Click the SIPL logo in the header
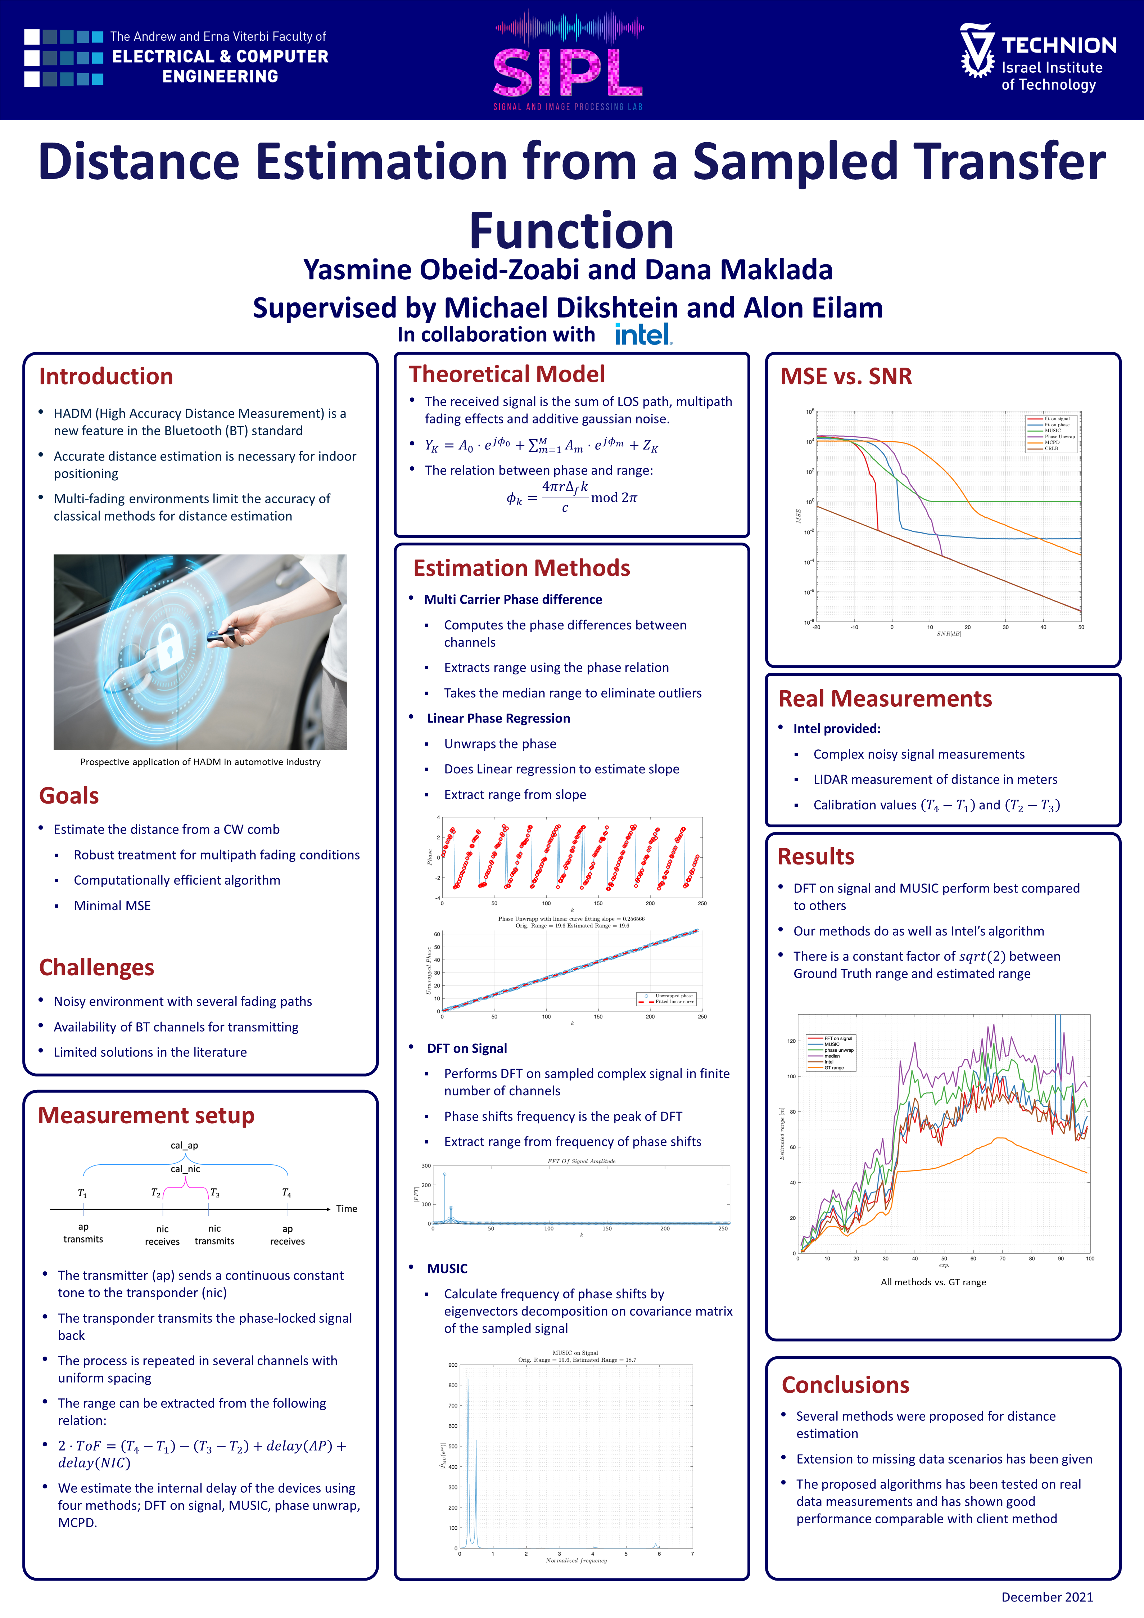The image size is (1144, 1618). coord(568,71)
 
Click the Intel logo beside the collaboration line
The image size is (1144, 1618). coord(643,334)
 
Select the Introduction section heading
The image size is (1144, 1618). coord(106,376)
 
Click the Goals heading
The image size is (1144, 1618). coord(69,796)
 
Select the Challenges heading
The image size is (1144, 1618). coord(96,967)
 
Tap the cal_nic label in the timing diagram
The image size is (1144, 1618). coord(185,1169)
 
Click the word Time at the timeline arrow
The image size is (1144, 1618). coord(347,1209)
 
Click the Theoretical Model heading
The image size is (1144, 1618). coord(506,374)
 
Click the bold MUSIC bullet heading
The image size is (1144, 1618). coord(447,1268)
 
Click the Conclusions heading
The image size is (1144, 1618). coord(845,1385)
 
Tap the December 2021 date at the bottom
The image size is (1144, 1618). coord(1047,1597)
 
